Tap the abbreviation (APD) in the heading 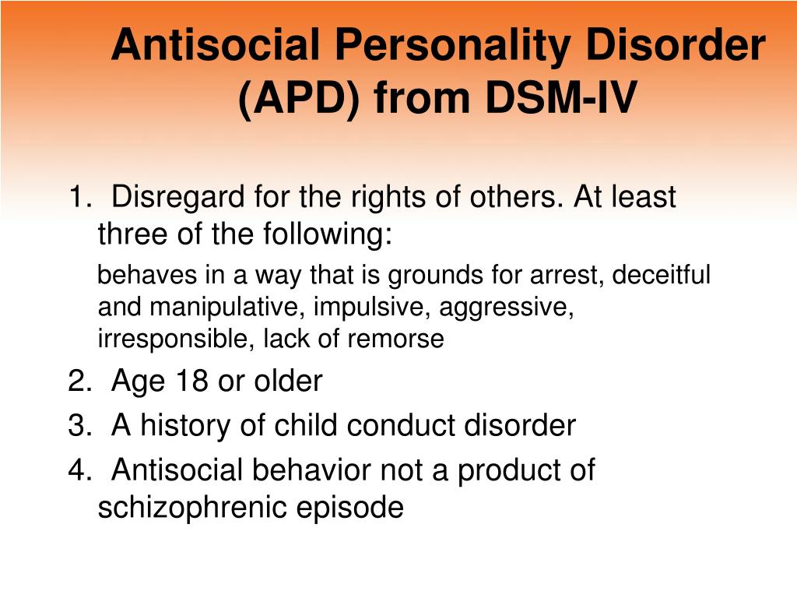pos(299,99)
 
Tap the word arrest pos(567,276)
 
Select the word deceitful pos(662,275)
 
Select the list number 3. pos(79,425)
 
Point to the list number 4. pos(79,470)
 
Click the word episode pos(349,508)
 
